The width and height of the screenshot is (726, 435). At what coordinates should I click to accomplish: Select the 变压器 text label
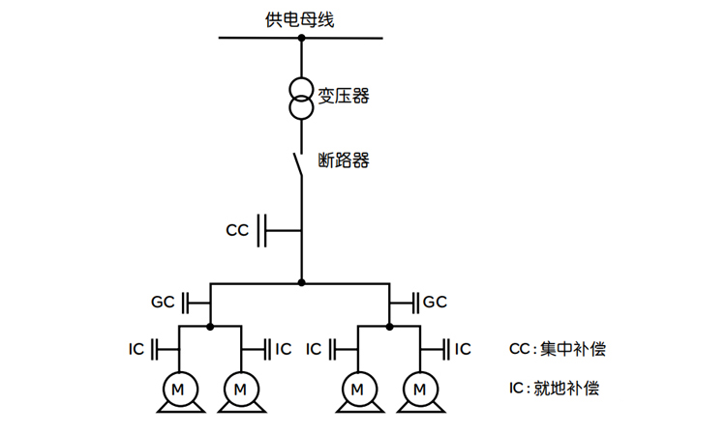(x=344, y=96)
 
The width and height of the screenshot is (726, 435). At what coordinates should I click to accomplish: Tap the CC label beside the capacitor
(x=237, y=231)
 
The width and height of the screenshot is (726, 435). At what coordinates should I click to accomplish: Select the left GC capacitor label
(x=163, y=302)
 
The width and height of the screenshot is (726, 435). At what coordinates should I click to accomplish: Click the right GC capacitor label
(x=435, y=302)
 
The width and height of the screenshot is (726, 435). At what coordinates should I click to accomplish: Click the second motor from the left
(x=240, y=389)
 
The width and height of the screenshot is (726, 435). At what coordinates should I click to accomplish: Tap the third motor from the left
(x=358, y=389)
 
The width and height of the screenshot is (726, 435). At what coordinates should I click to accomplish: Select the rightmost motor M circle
(x=420, y=389)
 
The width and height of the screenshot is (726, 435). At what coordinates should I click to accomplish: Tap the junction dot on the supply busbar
(x=301, y=38)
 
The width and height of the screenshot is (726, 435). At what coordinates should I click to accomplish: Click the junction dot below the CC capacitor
(x=301, y=283)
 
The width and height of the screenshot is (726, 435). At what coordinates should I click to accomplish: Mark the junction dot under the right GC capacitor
(x=389, y=327)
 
